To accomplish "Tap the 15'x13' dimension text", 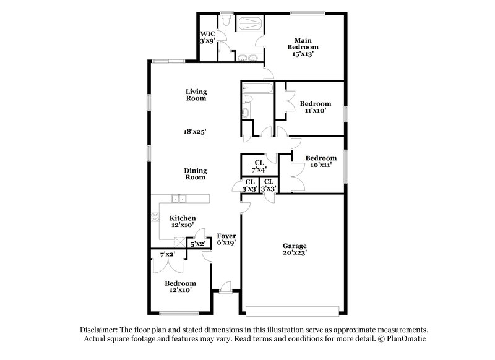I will [305, 54].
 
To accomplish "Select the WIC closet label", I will [207, 33].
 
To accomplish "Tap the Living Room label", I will [196, 95].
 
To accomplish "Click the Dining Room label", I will [196, 174].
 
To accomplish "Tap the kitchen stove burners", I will [153, 217].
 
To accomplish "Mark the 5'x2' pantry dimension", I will [197, 244].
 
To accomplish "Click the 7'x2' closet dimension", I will [168, 254].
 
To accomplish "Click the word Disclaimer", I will [100, 330].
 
